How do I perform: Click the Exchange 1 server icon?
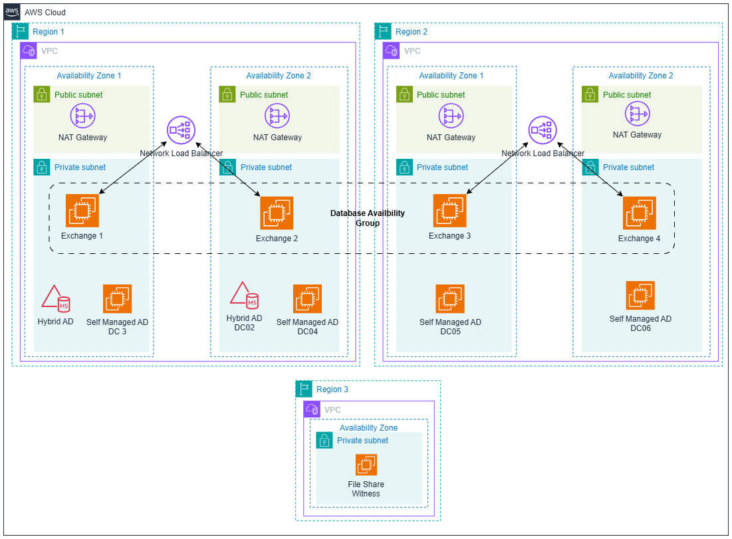pos(82,211)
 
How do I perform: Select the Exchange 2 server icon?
pos(277,213)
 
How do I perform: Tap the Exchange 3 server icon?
pos(449,211)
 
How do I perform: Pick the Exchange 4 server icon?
pos(640,213)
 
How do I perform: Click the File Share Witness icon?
pos(366,465)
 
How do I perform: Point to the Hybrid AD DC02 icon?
pos(244,296)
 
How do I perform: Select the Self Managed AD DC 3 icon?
pos(117,299)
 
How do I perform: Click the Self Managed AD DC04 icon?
pos(307,299)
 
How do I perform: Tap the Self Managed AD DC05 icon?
pos(450,299)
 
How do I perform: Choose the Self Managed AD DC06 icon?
pos(640,296)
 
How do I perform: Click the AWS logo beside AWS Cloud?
pos(12,12)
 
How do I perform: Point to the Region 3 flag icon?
pos(304,389)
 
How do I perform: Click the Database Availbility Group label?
pos(367,218)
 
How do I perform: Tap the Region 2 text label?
pos(412,32)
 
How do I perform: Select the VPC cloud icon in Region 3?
pos(312,409)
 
